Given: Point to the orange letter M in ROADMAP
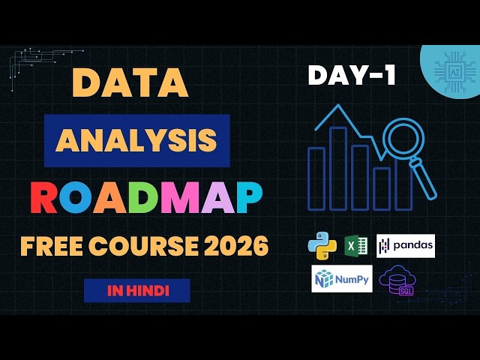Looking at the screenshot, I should coord(197,199).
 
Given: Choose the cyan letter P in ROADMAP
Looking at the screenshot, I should coord(245,199).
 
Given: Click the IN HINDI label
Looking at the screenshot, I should coord(136,290).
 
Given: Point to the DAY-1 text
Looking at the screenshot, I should coord(351,76).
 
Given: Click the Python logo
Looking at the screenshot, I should coord(322,246).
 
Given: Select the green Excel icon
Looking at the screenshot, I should coord(355,246).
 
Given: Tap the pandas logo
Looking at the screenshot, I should coord(405,246).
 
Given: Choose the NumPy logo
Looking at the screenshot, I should coord(341,279).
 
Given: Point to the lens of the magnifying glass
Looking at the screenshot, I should coord(403,140).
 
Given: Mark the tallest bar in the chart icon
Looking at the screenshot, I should coord(338,168).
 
